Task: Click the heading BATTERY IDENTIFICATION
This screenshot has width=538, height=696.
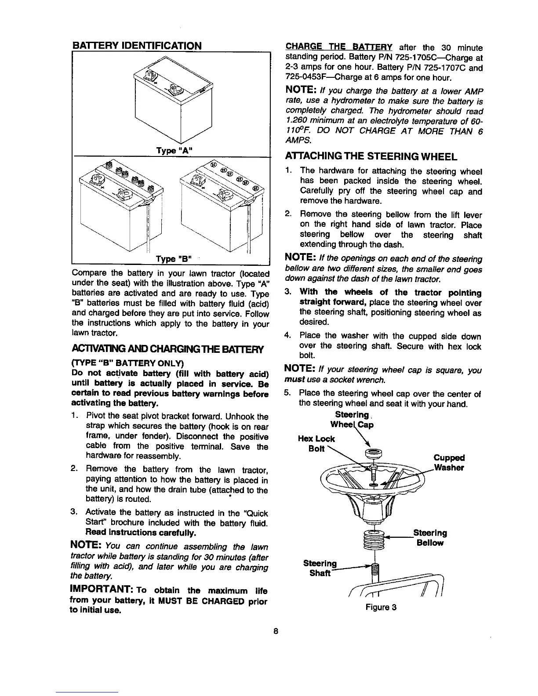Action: point(137,46)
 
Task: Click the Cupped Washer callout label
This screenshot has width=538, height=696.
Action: point(449,462)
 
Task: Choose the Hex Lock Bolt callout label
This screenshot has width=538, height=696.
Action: point(316,443)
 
